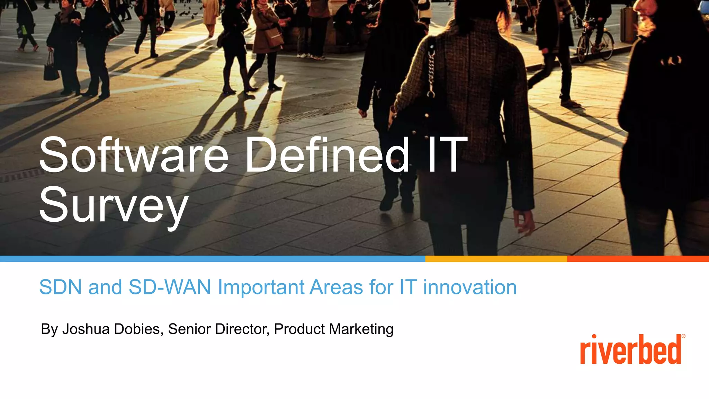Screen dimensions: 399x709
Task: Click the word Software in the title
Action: [x=134, y=155]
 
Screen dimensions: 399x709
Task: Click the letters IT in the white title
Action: [x=447, y=155]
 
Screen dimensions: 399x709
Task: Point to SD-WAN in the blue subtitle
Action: [x=170, y=287]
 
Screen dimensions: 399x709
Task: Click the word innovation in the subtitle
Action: [x=470, y=287]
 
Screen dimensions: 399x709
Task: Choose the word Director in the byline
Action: [x=242, y=329]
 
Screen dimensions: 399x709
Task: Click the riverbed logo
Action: [x=630, y=350]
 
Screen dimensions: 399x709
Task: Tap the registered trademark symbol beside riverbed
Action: [x=683, y=336]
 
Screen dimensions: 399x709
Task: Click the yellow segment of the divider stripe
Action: [x=496, y=259]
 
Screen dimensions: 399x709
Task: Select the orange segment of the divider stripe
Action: [x=638, y=259]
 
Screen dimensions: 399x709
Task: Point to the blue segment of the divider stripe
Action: [x=213, y=259]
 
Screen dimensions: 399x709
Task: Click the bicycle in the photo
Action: [x=595, y=43]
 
